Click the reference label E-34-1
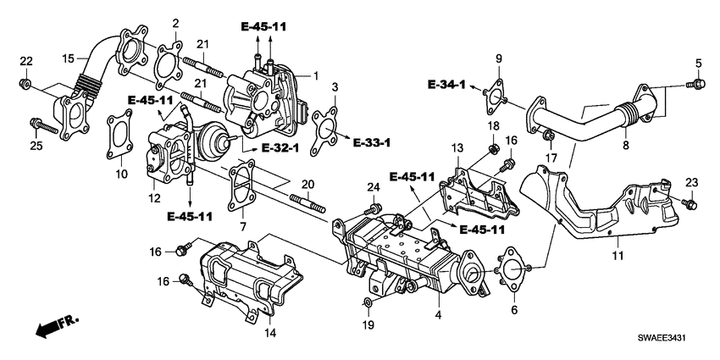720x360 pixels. (x=446, y=86)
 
